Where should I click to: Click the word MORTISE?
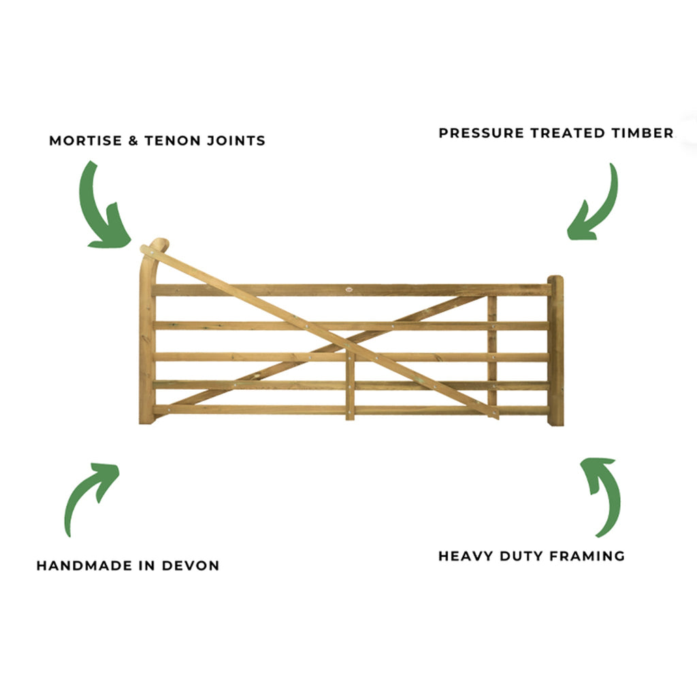pyautogui.click(x=86, y=141)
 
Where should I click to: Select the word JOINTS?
pyautogui.click(x=236, y=141)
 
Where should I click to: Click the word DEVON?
pyautogui.click(x=191, y=565)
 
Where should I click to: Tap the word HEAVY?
pyautogui.click(x=465, y=556)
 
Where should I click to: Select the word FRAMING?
pyautogui.click(x=587, y=556)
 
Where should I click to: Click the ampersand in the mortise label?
pyautogui.click(x=133, y=141)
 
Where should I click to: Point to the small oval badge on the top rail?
pyautogui.click(x=349, y=289)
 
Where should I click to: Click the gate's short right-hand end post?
pyautogui.click(x=555, y=351)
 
